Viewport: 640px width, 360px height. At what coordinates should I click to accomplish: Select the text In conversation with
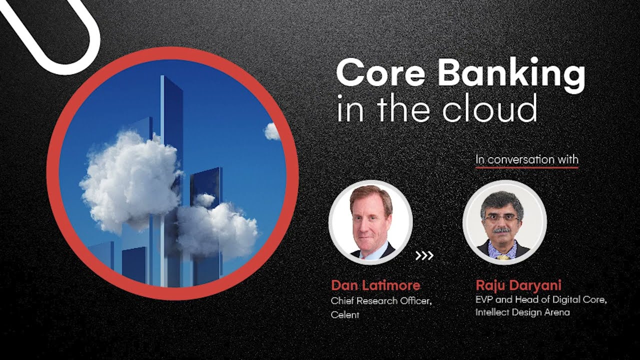[x=526, y=159]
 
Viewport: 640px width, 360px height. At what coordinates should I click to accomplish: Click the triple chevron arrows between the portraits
[x=424, y=256]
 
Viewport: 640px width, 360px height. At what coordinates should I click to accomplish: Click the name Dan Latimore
[x=375, y=285]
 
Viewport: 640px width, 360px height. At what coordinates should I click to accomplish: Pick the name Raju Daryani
[x=518, y=285]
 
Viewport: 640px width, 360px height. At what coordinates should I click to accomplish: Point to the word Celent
[x=345, y=315]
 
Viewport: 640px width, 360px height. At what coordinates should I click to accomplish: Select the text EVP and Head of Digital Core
[x=541, y=300]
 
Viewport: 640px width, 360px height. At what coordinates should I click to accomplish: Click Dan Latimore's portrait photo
[x=370, y=222]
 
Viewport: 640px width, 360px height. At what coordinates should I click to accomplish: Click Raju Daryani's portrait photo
[x=504, y=222]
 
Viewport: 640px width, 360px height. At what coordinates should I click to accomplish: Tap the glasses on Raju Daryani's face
[x=501, y=218]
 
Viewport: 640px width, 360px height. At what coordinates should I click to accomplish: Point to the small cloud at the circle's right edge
[x=272, y=131]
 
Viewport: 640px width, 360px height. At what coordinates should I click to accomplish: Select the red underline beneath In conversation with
[x=526, y=167]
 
